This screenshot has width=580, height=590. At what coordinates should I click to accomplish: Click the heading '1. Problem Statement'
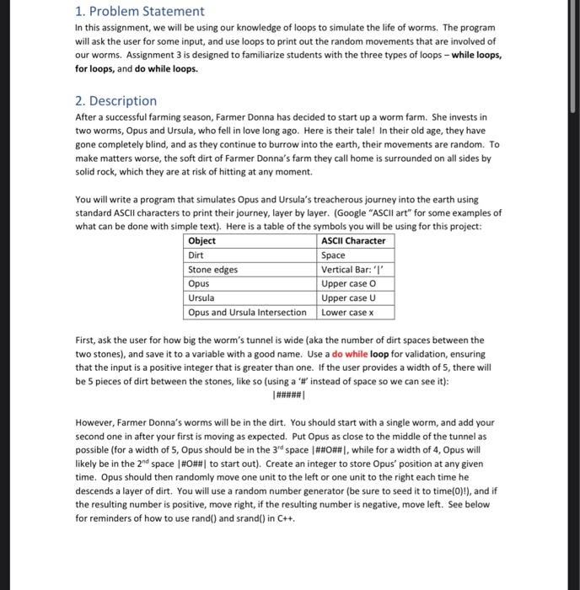coord(139,12)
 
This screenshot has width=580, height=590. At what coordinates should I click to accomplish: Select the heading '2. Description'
coord(116,100)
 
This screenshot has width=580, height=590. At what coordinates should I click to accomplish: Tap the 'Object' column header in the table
coord(201,241)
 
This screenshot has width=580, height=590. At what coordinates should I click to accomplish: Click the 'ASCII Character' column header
coord(353,241)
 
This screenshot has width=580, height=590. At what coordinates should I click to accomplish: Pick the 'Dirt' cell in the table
coord(196,255)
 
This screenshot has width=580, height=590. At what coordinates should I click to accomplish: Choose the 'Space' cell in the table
coord(334,255)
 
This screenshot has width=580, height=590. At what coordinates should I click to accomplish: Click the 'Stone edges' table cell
coord(212,270)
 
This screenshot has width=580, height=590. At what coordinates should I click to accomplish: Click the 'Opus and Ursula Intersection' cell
coord(247,313)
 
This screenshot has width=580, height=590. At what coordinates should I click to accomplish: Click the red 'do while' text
coord(350,354)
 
